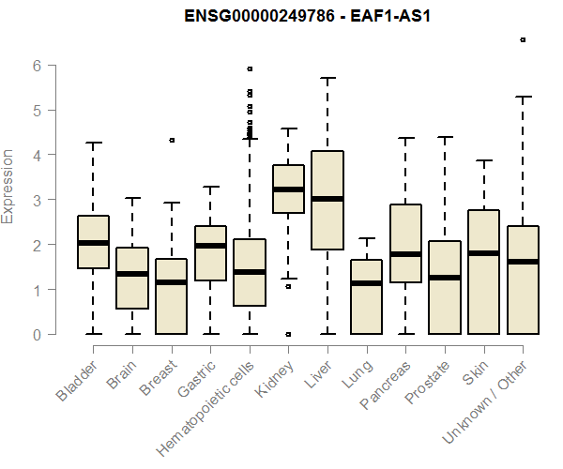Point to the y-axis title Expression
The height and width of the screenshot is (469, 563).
[x=9, y=186]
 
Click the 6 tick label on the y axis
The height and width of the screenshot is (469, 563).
[x=37, y=66]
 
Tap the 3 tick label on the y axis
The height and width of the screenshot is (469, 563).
[x=37, y=200]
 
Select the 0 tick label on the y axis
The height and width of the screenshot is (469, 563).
[x=37, y=335]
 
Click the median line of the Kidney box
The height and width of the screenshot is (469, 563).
[x=288, y=189]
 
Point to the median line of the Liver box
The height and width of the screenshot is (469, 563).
[x=327, y=199]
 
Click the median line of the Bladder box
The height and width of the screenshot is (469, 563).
[x=93, y=243]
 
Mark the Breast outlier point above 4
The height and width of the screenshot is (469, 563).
[x=171, y=140]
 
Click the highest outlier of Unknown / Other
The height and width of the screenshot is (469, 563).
[x=523, y=39]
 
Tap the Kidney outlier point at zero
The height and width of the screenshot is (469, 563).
[x=288, y=334]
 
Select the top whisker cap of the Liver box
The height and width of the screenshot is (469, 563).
[x=327, y=78]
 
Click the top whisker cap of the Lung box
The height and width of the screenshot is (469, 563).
[x=366, y=238]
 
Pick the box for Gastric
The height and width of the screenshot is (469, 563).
[x=210, y=253]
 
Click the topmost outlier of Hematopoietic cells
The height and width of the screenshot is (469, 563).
[x=250, y=68]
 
